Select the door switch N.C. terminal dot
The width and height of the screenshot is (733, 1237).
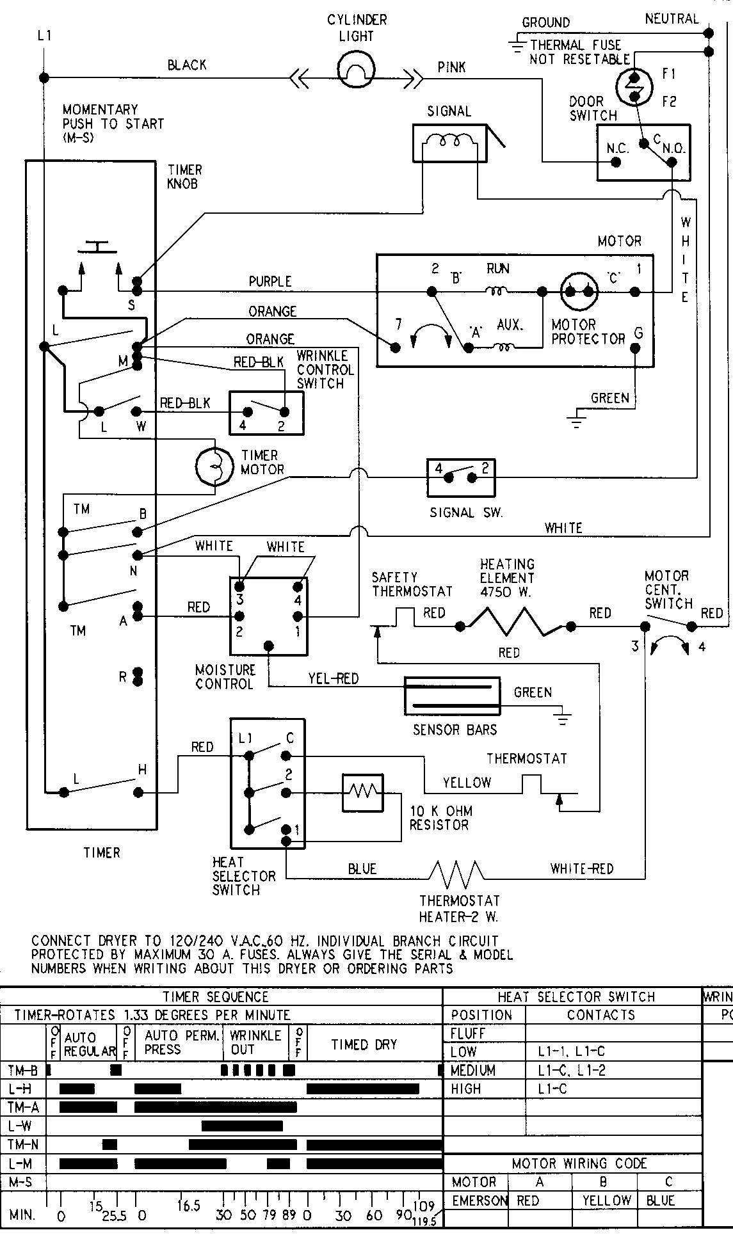[616, 162]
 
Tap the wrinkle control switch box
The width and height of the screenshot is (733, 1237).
[266, 413]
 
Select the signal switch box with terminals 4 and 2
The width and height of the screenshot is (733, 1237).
[461, 477]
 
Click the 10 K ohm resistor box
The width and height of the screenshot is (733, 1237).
[362, 793]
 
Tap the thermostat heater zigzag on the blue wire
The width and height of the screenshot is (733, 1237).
[456, 872]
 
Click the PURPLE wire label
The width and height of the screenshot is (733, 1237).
[270, 281]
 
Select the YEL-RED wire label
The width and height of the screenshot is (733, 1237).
[333, 678]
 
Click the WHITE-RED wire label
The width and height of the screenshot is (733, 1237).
[581, 868]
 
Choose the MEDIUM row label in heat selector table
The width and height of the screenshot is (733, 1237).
[473, 1070]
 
